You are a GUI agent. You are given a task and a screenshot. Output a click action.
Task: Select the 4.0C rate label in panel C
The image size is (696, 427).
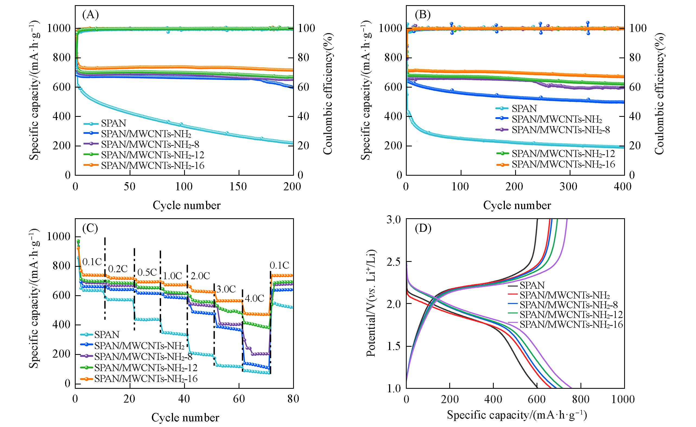coord(255,298)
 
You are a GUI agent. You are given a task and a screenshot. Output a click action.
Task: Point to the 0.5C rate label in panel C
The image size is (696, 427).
coord(147,272)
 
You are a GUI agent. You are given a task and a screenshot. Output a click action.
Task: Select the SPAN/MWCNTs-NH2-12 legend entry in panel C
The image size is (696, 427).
coord(146,368)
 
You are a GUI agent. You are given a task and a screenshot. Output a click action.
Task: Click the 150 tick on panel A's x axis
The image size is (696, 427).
coord(239,187)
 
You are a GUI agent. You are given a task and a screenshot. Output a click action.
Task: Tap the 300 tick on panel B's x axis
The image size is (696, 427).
coord(570,187)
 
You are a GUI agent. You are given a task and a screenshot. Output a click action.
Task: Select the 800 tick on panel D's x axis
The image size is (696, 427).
coord(580,399)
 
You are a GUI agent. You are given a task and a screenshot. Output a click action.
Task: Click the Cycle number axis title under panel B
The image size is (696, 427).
coord(517,205)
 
